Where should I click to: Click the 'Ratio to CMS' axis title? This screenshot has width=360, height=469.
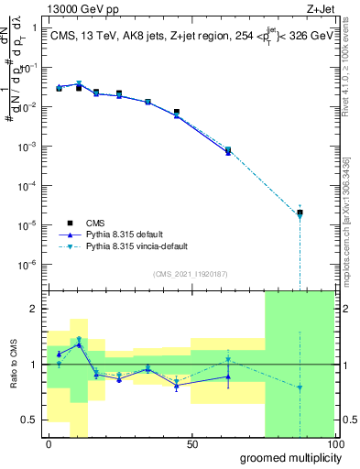[13, 365]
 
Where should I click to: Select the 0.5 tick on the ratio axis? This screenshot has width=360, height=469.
[30, 420]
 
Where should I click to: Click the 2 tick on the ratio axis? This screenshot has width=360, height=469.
[34, 309]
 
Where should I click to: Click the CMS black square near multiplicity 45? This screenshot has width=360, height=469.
[177, 112]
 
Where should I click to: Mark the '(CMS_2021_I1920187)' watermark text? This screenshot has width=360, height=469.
[190, 273]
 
